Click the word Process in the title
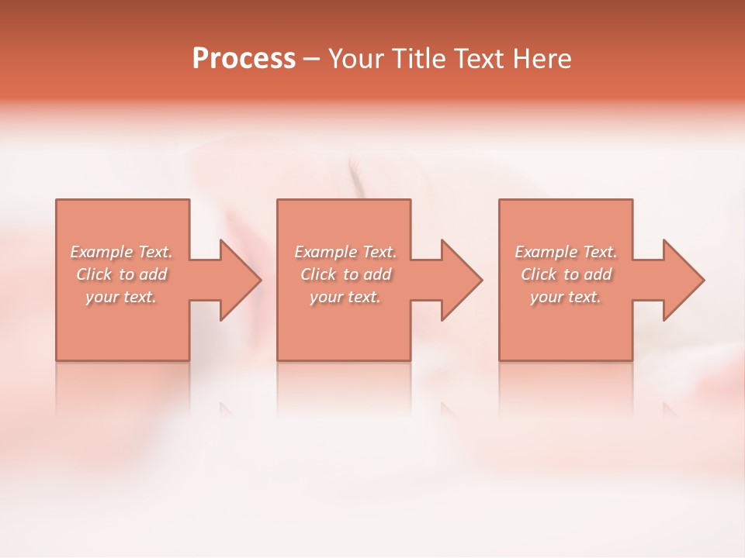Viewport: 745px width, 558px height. pos(244,59)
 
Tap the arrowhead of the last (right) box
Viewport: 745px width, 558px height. pos(682,280)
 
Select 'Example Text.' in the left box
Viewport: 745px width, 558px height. pos(122,252)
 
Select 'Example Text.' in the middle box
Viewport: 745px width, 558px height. pos(345,252)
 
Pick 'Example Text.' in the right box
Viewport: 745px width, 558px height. pos(566,252)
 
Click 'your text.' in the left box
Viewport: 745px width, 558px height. pos(121,297)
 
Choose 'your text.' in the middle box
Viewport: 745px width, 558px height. pos(345,297)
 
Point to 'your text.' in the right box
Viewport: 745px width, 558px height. pos(565,297)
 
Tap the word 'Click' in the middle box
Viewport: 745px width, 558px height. pos(318,274)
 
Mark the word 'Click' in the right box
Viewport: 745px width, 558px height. pos(539,274)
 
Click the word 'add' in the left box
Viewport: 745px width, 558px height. pos(154,274)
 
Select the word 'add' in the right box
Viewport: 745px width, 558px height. pos(599,274)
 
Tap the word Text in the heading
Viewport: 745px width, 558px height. pos(482,59)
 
